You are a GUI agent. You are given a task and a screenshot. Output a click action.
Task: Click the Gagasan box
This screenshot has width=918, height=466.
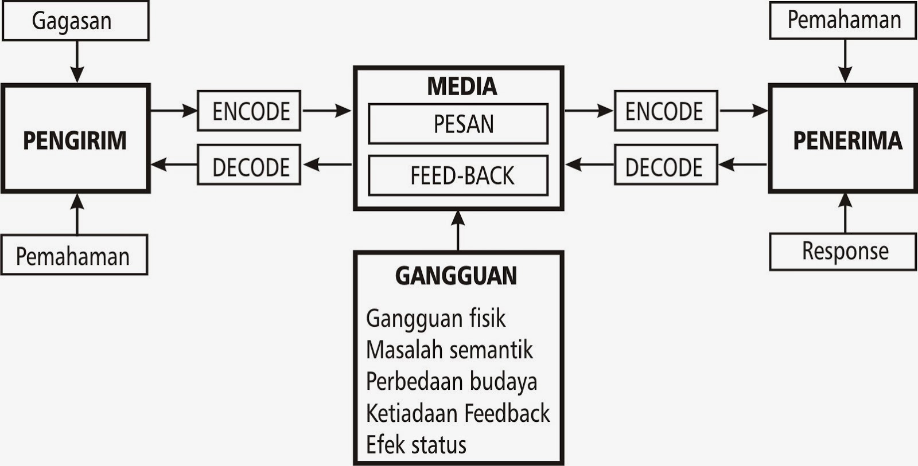(75, 21)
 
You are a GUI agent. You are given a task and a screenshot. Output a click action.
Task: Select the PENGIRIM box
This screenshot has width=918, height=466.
(75, 139)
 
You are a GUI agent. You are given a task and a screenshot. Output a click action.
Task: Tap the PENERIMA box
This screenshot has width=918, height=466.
(843, 139)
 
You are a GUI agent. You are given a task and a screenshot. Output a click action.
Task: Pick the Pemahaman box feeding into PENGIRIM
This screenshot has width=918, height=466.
(73, 256)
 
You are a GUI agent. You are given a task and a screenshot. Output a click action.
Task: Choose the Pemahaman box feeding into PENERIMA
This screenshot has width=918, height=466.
(843, 20)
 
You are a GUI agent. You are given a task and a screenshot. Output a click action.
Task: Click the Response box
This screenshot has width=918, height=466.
(843, 251)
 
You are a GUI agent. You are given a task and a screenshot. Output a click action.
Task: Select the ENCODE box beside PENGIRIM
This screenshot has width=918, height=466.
(249, 111)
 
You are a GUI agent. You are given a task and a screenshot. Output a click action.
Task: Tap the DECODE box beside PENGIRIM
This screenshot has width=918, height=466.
(249, 165)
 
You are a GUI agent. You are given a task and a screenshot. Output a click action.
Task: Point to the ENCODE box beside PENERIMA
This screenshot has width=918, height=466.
(666, 111)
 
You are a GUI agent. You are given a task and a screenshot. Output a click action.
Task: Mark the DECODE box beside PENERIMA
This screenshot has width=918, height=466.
(666, 165)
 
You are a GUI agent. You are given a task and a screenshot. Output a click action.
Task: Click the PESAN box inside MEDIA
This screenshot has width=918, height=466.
(458, 124)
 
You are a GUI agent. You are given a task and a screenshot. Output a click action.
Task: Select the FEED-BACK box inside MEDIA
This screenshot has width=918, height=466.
(458, 175)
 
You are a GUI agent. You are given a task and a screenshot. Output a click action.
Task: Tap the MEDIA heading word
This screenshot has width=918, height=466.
(462, 87)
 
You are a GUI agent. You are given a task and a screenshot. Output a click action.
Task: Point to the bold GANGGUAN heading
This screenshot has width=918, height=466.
(456, 276)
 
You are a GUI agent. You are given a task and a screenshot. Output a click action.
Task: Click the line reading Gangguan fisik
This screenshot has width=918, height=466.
(436, 319)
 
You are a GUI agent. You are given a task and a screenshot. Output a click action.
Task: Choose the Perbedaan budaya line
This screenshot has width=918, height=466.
(452, 382)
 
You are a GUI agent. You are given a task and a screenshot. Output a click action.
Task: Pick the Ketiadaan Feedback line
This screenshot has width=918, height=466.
(458, 413)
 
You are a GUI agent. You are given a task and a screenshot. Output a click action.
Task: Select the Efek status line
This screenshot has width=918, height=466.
(417, 445)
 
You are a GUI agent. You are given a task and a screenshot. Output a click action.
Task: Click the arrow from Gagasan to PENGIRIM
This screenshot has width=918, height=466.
(77, 62)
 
